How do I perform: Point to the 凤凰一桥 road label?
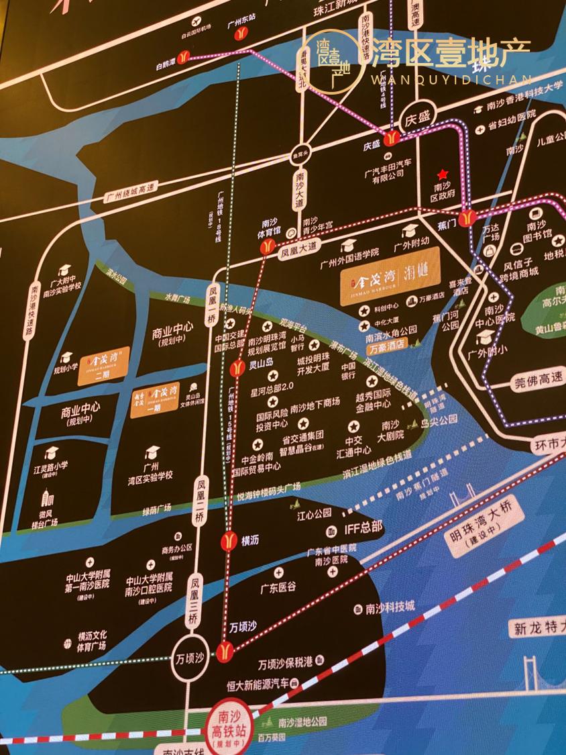click(213, 305)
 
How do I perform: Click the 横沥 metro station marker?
click(229, 541)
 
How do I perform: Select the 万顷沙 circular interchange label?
click(190, 658)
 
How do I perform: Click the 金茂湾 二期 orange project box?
click(103, 365)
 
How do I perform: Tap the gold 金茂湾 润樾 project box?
click(390, 276)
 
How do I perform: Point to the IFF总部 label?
click(362, 527)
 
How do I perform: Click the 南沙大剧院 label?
click(391, 430)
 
